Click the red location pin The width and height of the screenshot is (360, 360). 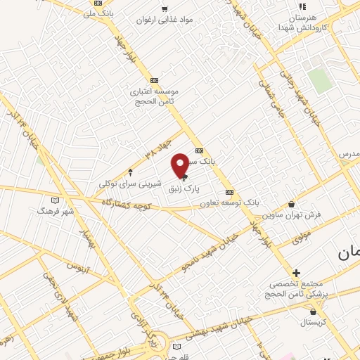coord(180,165)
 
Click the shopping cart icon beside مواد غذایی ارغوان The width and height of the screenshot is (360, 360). coord(165,10)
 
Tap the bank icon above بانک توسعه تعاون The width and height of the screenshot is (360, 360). coord(229,192)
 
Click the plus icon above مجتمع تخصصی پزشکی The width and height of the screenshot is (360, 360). coord(296,273)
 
